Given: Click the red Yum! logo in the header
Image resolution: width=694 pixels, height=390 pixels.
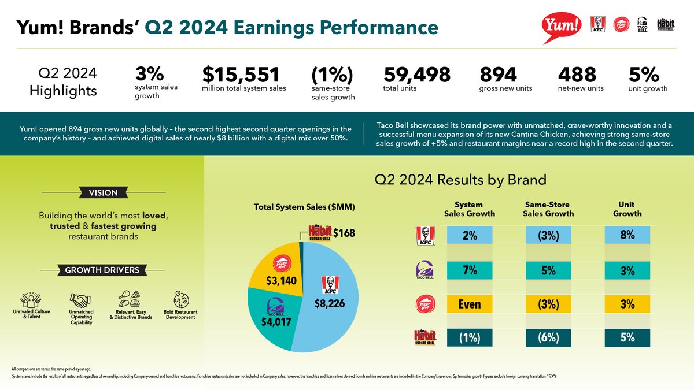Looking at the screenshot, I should [562, 26].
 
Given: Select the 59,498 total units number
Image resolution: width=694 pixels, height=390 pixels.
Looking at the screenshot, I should [416, 75].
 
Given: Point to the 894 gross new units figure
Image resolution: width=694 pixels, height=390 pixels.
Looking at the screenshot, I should [498, 75].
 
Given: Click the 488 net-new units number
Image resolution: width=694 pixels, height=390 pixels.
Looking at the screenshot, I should [577, 75].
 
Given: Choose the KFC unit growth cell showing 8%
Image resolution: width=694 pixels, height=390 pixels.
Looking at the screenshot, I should [627, 235].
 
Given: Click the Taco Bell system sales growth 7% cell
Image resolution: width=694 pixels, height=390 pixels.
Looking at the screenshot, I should [470, 270].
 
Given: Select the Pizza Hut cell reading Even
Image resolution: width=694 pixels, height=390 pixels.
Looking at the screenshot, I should [470, 304].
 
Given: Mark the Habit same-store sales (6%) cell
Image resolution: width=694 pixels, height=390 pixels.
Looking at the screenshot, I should [548, 338].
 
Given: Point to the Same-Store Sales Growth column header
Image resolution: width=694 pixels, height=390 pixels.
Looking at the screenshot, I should [548, 209].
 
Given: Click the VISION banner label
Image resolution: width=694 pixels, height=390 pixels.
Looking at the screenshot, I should [103, 192].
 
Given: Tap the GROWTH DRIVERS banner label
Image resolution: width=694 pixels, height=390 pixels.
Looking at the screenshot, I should [102, 270].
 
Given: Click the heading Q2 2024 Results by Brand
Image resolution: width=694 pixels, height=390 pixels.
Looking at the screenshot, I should [460, 179].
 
